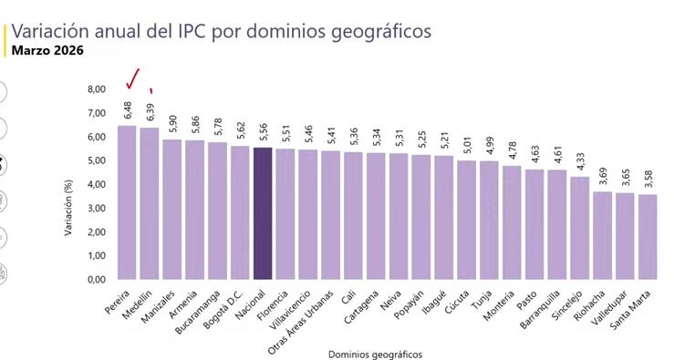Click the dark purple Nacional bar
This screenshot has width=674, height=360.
[263, 214]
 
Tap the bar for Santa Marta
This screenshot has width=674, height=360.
[647, 237]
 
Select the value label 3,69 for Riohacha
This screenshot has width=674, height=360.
[602, 177]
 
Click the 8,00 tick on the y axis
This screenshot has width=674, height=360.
[96, 89]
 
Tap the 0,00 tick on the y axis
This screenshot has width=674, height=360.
[96, 280]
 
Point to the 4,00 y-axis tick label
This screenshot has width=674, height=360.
[96, 185]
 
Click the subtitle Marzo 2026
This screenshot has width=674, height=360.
[47, 51]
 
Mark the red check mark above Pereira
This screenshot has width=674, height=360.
[135, 79]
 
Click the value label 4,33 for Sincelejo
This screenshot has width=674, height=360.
[579, 161]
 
